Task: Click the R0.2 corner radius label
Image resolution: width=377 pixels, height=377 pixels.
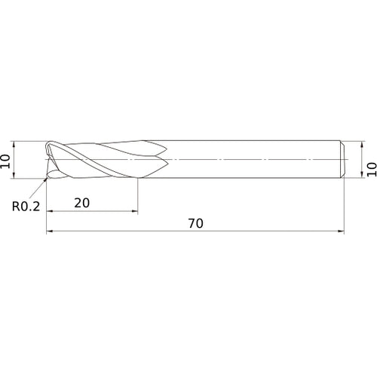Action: click(26, 207)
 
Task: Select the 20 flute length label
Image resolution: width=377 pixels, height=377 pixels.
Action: click(82, 203)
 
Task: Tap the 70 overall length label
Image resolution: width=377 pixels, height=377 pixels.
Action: click(196, 223)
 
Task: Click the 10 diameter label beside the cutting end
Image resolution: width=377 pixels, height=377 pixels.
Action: click(5, 161)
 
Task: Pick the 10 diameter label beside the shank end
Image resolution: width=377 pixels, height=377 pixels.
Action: click(372, 170)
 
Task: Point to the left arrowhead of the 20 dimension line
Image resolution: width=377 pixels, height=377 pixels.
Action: click(50, 211)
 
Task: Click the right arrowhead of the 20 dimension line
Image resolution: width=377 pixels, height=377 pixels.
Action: click(135, 211)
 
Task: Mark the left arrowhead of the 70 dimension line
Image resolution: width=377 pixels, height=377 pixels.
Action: click(50, 231)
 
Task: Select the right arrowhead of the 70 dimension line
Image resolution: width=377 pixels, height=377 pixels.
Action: click(341, 231)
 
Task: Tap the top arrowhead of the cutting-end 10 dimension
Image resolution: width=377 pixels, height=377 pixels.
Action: click(14, 144)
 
